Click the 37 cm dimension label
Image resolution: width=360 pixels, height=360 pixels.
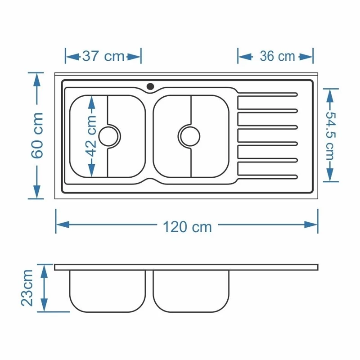[x=103, y=56]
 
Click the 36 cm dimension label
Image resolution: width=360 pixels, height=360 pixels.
[x=277, y=56]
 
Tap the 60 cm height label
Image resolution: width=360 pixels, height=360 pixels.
[x=37, y=135]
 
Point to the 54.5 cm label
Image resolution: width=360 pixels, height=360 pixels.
[x=331, y=135]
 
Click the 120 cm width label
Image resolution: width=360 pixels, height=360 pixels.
[x=187, y=227]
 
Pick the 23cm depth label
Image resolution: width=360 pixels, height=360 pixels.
[x=27, y=288]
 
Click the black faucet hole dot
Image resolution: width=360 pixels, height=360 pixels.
[x=150, y=86]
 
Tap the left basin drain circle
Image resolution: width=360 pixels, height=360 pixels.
[x=108, y=136]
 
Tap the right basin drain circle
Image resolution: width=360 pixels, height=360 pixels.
[x=190, y=136]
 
